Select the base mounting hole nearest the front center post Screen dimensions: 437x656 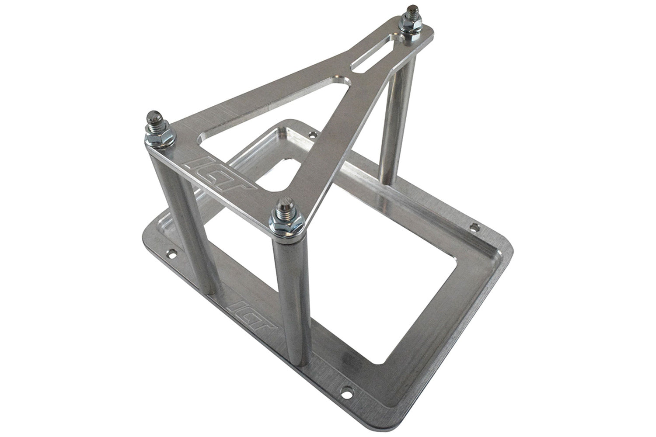click(x=345, y=375)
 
